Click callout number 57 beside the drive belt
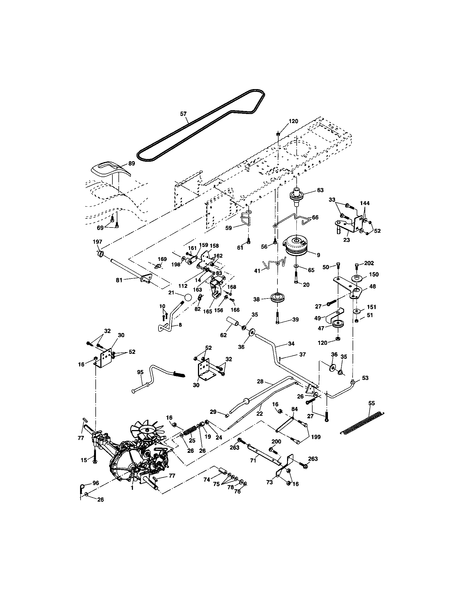coord(183,114)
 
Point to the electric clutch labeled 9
coord(296,246)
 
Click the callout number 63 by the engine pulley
coord(320,190)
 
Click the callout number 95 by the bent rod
coord(140,372)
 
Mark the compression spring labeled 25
coord(190,431)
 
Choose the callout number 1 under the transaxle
coord(132,488)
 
